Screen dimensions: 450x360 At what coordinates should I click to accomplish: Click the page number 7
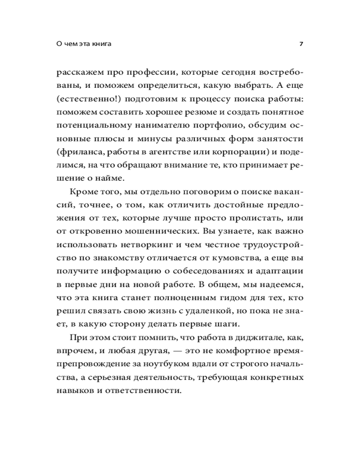(301, 44)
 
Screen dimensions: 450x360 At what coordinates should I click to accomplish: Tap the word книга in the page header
(101, 44)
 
